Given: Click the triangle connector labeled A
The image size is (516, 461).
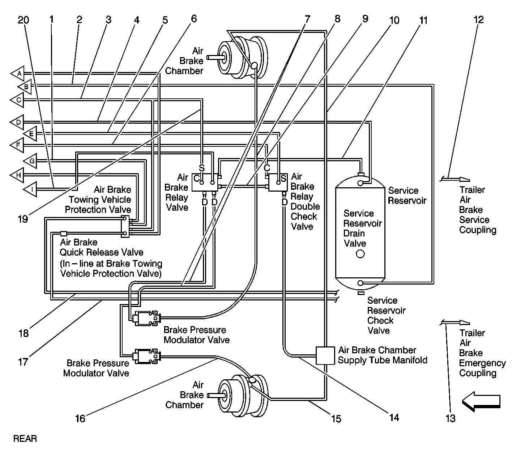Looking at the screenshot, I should click(x=18, y=73).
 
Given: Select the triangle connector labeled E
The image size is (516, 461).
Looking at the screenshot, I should click(x=31, y=133).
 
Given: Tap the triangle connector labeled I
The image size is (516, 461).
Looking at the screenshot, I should click(x=31, y=188).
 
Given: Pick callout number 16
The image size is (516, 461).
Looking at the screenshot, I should click(x=80, y=418).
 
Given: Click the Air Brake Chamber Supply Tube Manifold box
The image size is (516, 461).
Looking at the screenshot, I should click(x=325, y=355).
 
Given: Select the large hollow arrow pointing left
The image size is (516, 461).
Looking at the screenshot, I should click(x=481, y=401).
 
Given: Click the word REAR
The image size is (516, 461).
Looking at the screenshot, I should click(x=25, y=439).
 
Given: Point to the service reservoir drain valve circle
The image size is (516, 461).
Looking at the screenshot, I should click(x=360, y=254).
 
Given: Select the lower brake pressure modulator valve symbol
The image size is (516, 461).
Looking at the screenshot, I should click(x=146, y=356).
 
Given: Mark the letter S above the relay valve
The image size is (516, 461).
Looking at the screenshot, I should click(x=201, y=168).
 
